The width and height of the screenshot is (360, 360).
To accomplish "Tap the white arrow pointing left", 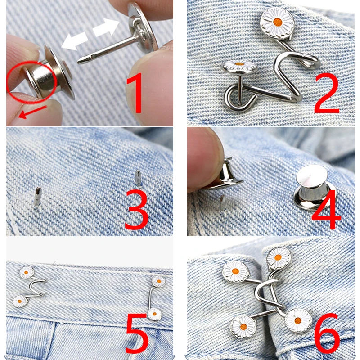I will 75,41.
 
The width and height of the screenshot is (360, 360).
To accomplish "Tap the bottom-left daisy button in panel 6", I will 243,326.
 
